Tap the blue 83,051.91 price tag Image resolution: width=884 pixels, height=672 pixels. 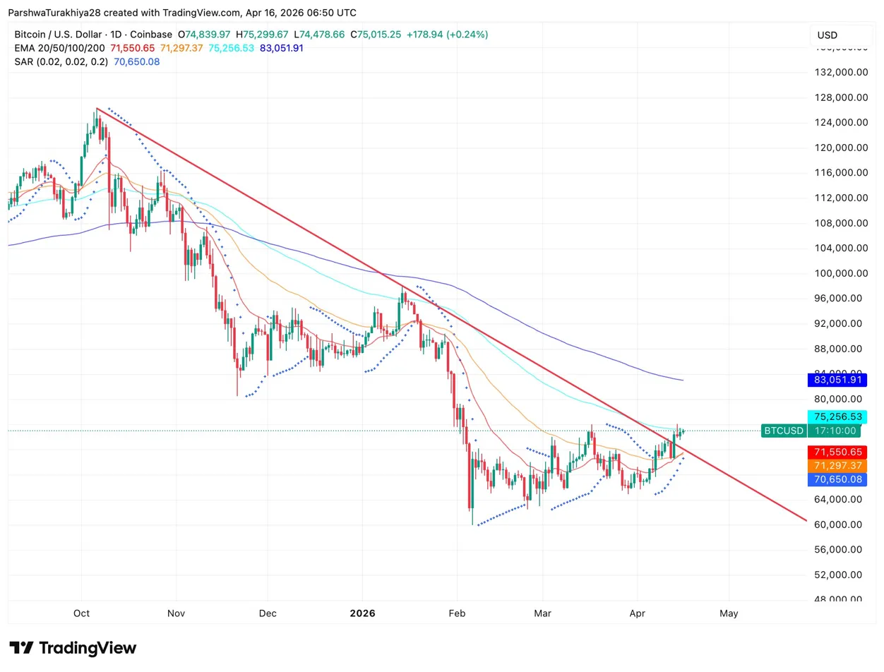(x=837, y=380)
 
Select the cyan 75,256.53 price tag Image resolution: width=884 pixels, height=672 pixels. (x=837, y=416)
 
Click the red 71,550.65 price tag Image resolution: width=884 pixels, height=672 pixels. (x=837, y=452)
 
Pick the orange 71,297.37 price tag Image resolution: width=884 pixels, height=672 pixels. (x=837, y=466)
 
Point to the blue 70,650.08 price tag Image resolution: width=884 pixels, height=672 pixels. (x=837, y=480)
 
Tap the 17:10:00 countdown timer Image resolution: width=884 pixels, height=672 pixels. (x=837, y=431)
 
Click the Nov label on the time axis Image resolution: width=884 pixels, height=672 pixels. (x=177, y=613)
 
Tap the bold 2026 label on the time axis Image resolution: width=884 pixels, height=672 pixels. (x=362, y=613)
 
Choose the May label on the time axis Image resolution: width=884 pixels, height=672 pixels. (x=729, y=613)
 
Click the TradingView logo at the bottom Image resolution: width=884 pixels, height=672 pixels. (x=73, y=648)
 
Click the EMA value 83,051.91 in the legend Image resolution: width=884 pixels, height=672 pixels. (x=282, y=47)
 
